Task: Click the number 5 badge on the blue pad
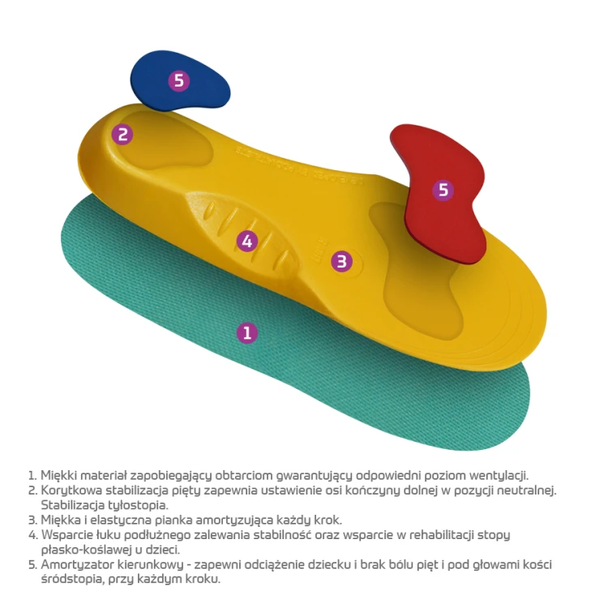[x=179, y=80]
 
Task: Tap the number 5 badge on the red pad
[x=443, y=190]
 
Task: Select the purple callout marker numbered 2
[x=122, y=135]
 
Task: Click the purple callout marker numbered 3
[x=341, y=261]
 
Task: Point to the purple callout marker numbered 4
[x=247, y=242]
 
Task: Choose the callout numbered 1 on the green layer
[x=247, y=332]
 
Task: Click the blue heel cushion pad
[x=180, y=80]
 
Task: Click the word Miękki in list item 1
[x=58, y=475]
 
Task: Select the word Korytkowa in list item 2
[x=71, y=490]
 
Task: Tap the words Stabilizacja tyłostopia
[x=105, y=505]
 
